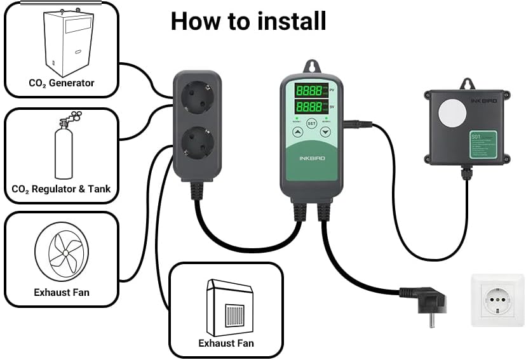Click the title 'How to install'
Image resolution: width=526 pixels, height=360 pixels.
248,22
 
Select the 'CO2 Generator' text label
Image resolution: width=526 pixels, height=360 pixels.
62,83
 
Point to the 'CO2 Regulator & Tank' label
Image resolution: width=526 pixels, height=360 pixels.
62,189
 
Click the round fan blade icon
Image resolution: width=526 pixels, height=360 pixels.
61,252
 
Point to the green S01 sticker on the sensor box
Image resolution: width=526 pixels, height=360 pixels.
483,144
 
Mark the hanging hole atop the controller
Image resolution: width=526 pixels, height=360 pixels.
311,66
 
